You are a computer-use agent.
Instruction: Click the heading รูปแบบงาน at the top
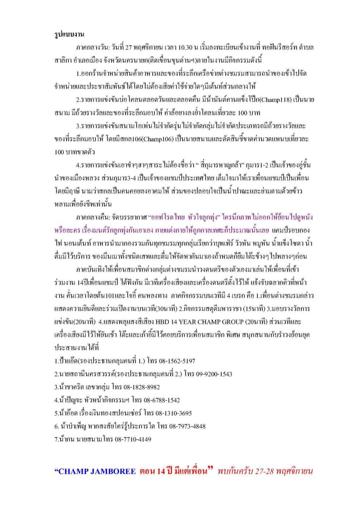(x=69, y=34)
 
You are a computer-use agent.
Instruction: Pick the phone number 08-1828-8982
(x=142, y=387)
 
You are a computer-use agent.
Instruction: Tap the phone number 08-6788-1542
(x=162, y=400)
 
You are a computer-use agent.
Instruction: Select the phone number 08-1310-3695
(x=174, y=413)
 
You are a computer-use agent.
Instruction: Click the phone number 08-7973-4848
(x=187, y=426)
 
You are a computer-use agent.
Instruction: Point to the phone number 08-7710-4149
(x=133, y=439)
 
